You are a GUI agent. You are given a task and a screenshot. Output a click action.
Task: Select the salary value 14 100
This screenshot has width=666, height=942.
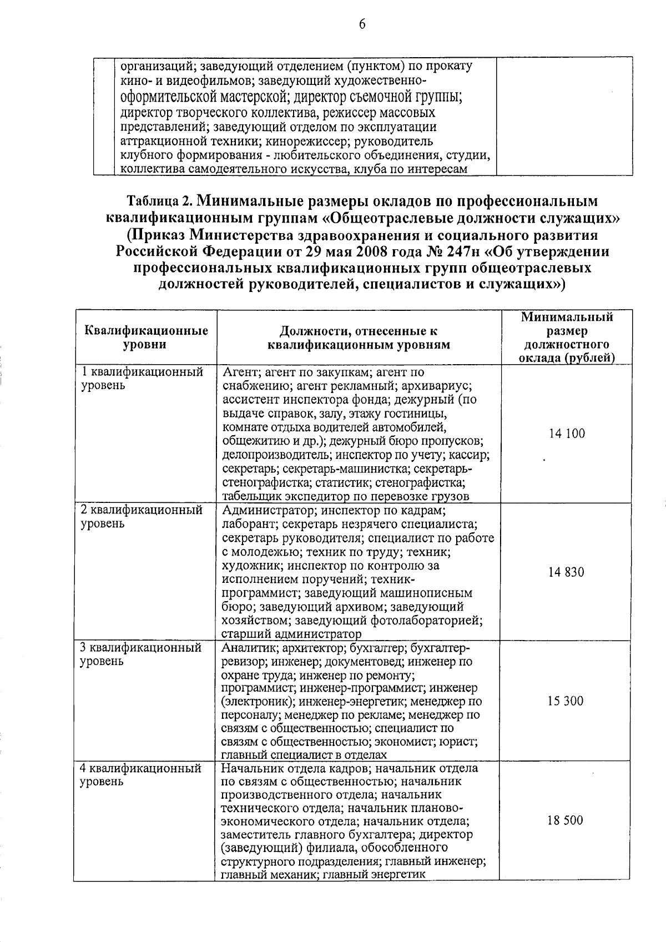[x=567, y=434]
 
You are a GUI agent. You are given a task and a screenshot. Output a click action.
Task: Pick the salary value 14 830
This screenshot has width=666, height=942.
[x=566, y=572]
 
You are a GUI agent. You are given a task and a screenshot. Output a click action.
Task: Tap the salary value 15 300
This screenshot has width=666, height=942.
[x=566, y=701]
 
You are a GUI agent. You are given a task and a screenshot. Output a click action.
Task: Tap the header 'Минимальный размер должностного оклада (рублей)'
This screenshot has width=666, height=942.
[x=567, y=337]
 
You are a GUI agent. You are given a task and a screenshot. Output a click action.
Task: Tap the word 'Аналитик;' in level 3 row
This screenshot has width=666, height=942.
[x=249, y=648]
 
